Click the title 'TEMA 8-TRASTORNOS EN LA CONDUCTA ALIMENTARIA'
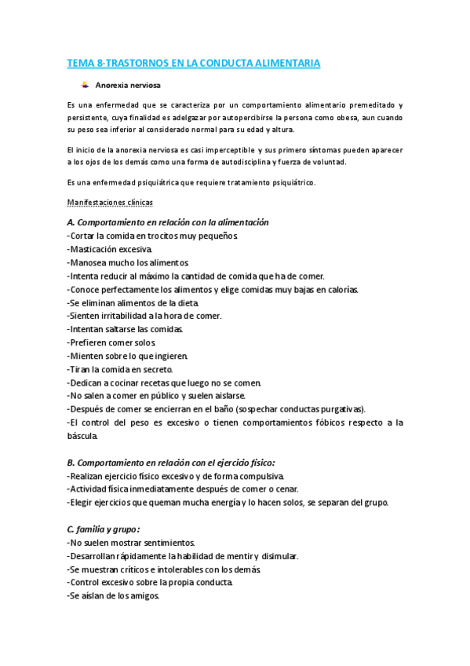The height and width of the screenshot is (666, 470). click(193, 64)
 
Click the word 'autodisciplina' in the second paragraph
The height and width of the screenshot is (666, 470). click(233, 163)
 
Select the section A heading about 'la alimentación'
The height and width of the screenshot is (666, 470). click(168, 222)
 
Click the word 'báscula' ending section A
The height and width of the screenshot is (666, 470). click(82, 436)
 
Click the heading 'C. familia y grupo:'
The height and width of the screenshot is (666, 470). click(104, 529)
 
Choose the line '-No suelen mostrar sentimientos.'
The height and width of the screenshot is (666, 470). click(132, 543)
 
